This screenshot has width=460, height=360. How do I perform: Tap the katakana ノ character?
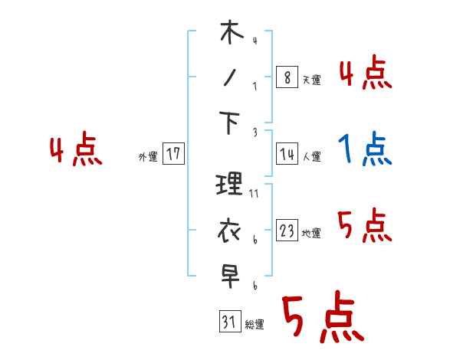click(230, 77)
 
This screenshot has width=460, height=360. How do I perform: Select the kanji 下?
click(231, 123)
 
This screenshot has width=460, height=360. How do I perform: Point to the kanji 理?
click(230, 185)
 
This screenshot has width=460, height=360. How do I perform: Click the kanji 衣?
click(230, 230)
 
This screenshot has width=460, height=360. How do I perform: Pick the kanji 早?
click(231, 275)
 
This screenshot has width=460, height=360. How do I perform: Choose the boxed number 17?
click(173, 155)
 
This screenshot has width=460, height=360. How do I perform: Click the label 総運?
click(255, 325)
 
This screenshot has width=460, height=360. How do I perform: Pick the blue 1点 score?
click(365, 149)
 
